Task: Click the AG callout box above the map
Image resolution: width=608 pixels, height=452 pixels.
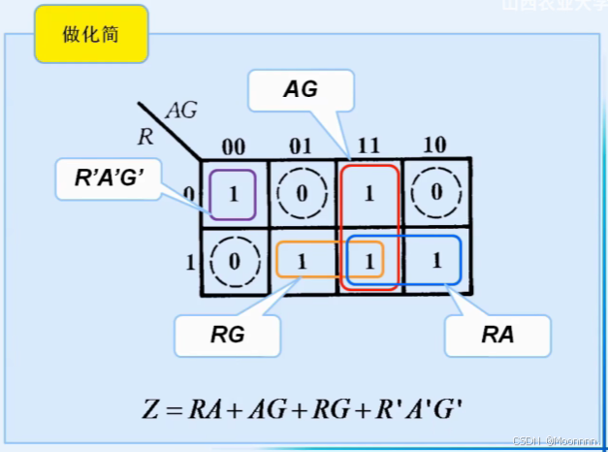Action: coord(301,91)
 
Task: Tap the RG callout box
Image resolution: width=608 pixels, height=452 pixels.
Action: coord(227,337)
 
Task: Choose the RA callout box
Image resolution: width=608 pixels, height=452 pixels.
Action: coord(497,337)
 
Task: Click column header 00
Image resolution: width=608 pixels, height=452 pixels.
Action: coord(234,146)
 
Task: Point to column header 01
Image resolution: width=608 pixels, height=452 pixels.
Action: coord(301,146)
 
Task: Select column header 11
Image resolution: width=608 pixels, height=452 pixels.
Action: coord(368,146)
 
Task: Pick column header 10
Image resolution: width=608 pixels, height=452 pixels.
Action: coord(435,146)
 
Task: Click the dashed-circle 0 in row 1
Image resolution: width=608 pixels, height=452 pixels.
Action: coord(233,261)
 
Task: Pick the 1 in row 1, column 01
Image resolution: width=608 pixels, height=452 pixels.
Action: coord(301,261)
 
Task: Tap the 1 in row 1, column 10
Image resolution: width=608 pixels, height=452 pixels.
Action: coord(436,261)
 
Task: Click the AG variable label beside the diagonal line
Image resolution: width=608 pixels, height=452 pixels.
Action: coord(181,111)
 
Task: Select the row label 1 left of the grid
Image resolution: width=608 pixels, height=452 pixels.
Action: coord(188,261)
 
